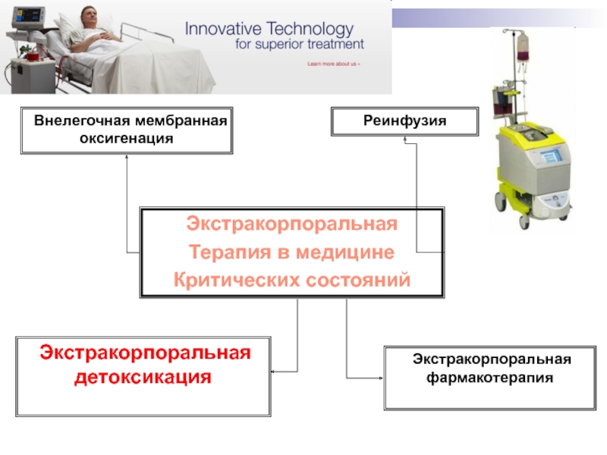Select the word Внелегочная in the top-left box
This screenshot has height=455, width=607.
pos(78,121)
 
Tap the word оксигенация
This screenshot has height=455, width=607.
pos(127,139)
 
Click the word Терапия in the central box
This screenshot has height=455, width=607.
pos(221,253)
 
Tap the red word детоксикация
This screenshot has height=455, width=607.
pos(143,375)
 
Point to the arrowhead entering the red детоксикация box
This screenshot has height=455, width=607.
pos(275,372)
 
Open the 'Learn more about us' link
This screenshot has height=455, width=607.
pos(334,64)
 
